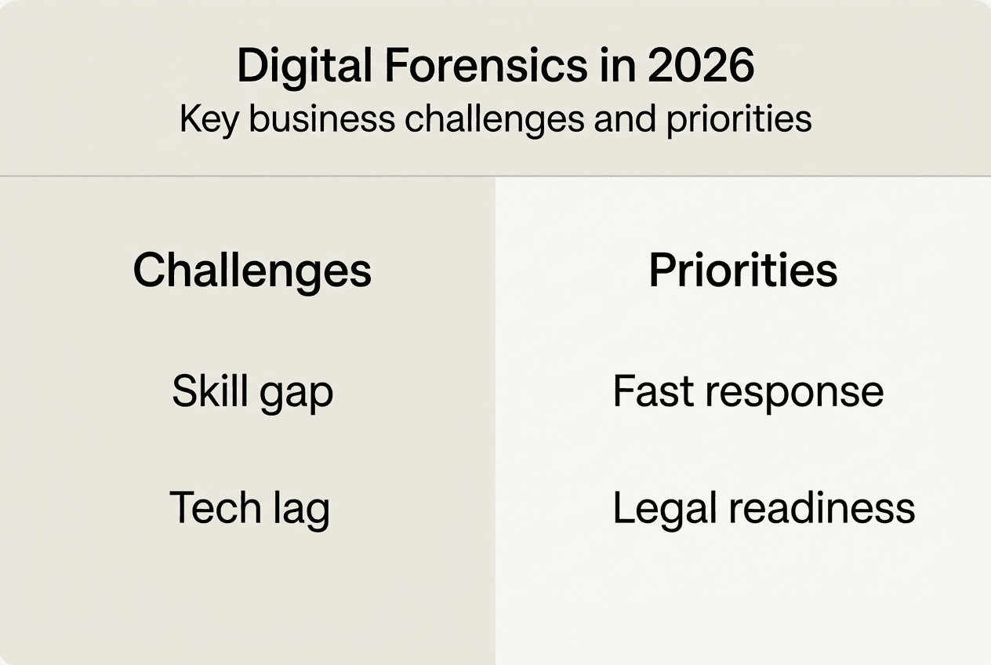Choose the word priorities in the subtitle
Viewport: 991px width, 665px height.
click(739, 120)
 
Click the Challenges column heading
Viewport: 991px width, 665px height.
click(252, 271)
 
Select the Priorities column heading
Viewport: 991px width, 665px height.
click(743, 271)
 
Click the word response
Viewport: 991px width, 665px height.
click(789, 393)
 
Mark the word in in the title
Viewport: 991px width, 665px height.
click(617, 66)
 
